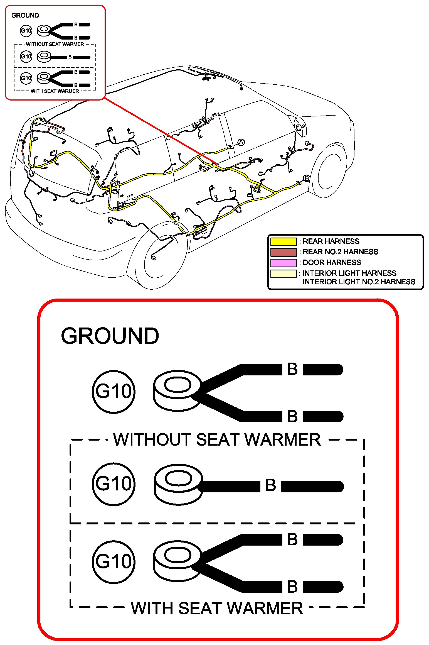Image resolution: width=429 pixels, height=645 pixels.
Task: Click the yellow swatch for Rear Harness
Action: [x=283, y=241]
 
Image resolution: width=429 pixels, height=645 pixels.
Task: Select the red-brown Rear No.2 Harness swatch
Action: [x=283, y=252]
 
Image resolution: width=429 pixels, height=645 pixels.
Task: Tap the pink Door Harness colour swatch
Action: [x=283, y=263]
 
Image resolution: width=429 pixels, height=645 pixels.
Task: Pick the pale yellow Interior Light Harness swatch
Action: [x=283, y=273]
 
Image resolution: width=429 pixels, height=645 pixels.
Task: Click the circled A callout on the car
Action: [x=241, y=142]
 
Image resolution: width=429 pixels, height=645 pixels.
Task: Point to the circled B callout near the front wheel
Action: [x=306, y=178]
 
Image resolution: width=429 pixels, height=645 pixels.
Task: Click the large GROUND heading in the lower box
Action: [x=110, y=336]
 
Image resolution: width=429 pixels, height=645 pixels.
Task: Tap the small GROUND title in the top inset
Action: [x=25, y=15]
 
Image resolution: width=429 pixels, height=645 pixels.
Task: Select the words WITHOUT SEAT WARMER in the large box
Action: [x=217, y=440]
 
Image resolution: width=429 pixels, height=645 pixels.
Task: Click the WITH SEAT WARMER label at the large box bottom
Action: [x=217, y=609]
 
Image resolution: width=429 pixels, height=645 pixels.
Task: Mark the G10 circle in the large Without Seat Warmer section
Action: [x=114, y=484]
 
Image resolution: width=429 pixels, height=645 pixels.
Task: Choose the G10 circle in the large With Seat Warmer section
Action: [x=114, y=562]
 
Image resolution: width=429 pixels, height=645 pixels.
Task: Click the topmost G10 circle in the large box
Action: [x=114, y=392]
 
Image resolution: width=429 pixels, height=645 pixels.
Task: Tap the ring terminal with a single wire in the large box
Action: [x=178, y=484]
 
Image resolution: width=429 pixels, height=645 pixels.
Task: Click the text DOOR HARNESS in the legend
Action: [x=332, y=262]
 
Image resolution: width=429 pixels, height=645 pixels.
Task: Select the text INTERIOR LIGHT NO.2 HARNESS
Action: [x=359, y=282]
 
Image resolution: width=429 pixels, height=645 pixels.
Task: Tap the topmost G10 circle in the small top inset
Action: [x=26, y=31]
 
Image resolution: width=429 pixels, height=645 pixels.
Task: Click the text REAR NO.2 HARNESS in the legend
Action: [x=340, y=252]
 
